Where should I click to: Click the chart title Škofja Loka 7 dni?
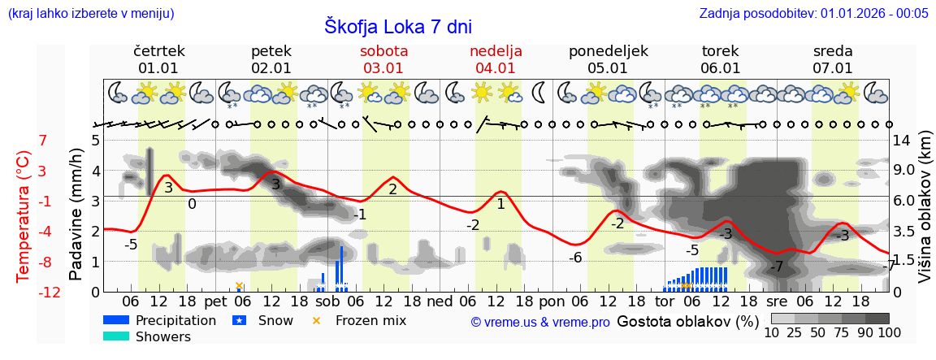(398, 27)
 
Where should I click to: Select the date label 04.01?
(496, 68)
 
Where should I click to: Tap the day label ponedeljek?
(608, 51)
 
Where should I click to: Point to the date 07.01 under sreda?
(833, 68)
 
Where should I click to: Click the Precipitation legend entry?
(175, 320)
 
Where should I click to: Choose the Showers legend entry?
(163, 336)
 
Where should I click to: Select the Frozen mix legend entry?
(370, 320)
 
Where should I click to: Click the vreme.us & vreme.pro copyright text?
(540, 322)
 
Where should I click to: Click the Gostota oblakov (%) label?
(687, 320)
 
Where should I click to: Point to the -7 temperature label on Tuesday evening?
(777, 267)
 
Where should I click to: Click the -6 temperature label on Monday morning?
(574, 258)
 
